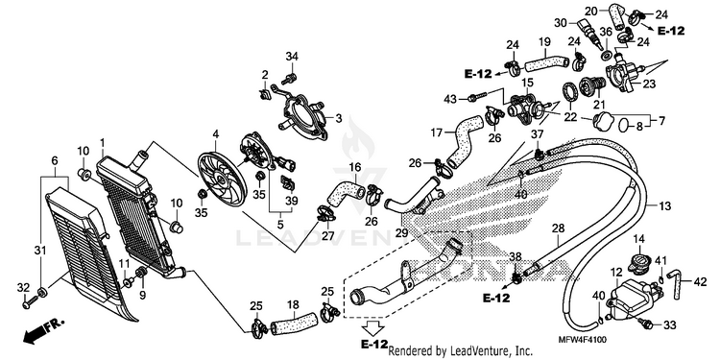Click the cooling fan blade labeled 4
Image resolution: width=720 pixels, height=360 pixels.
[x=223, y=179]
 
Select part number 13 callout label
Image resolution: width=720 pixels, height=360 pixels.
[x=664, y=205]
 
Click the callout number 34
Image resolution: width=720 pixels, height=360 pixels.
[x=292, y=57]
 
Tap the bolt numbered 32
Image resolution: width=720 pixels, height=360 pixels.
[x=30, y=302]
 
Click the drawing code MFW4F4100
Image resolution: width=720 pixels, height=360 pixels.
[x=583, y=340]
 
